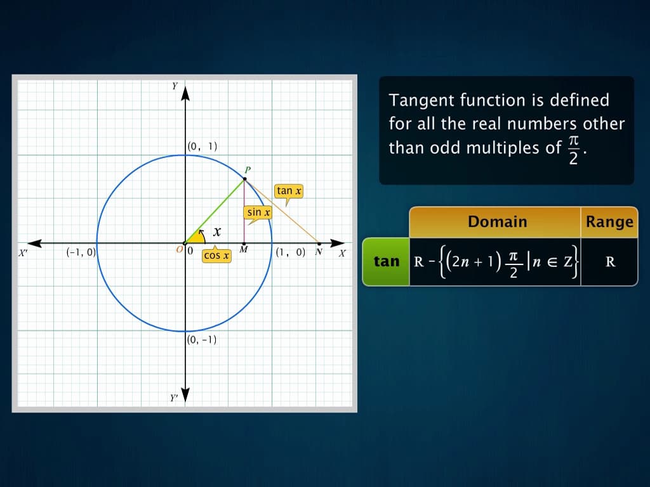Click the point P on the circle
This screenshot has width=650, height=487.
click(x=244, y=179)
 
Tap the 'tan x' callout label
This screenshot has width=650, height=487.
click(x=289, y=191)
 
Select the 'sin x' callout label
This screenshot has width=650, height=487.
click(x=258, y=212)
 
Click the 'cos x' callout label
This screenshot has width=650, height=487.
click(x=216, y=255)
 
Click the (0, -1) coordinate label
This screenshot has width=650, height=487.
click(x=202, y=339)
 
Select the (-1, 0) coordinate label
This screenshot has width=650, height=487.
click(x=81, y=252)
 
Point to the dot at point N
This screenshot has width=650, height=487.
click(x=319, y=243)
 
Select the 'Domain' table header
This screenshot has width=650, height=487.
click(x=497, y=222)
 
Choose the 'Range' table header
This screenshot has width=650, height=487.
click(x=609, y=222)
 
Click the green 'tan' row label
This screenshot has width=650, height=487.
click(x=387, y=261)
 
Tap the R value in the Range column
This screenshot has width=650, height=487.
click(x=610, y=261)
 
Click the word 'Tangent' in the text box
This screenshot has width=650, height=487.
click(x=422, y=100)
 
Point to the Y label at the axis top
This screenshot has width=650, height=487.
click(x=175, y=87)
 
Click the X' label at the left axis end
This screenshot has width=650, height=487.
click(x=23, y=252)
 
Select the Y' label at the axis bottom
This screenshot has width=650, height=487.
click(x=173, y=398)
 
